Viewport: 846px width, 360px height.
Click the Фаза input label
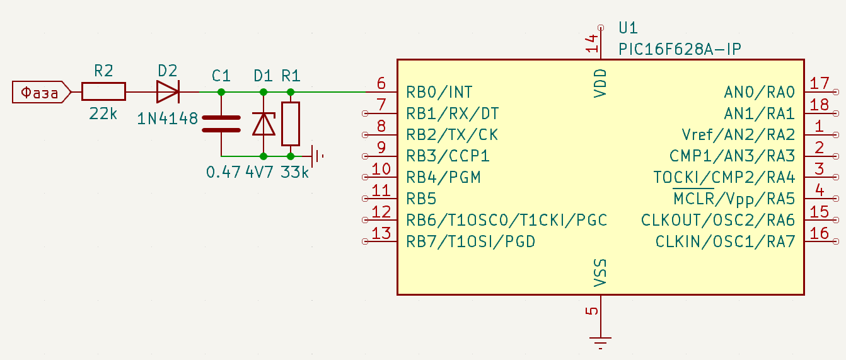pos(41,92)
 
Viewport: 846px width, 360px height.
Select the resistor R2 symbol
pos(103,92)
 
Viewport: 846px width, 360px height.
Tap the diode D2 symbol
pos(168,92)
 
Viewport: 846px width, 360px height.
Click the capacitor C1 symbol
pos(221,124)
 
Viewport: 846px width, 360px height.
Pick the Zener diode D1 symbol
pos(264,124)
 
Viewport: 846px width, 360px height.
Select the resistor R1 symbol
pos(291,124)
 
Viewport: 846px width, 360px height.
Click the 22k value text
pos(103,113)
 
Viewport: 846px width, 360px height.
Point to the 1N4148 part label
pos(167,119)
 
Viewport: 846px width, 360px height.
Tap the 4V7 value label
pos(259,172)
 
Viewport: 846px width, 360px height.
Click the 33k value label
pos(294,172)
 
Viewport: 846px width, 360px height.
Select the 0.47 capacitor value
pos(223,172)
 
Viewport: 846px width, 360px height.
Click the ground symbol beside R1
pos(316,156)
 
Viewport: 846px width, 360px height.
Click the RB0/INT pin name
pos(439,92)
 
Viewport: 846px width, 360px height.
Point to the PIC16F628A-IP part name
pos(680,49)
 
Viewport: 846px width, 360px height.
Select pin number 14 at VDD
pos(592,44)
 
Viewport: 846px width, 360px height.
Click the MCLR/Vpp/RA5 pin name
pos(734,199)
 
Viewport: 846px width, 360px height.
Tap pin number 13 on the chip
pos(381,233)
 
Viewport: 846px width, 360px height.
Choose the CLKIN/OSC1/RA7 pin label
pos(725,241)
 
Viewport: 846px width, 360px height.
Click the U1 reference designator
pos(628,28)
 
